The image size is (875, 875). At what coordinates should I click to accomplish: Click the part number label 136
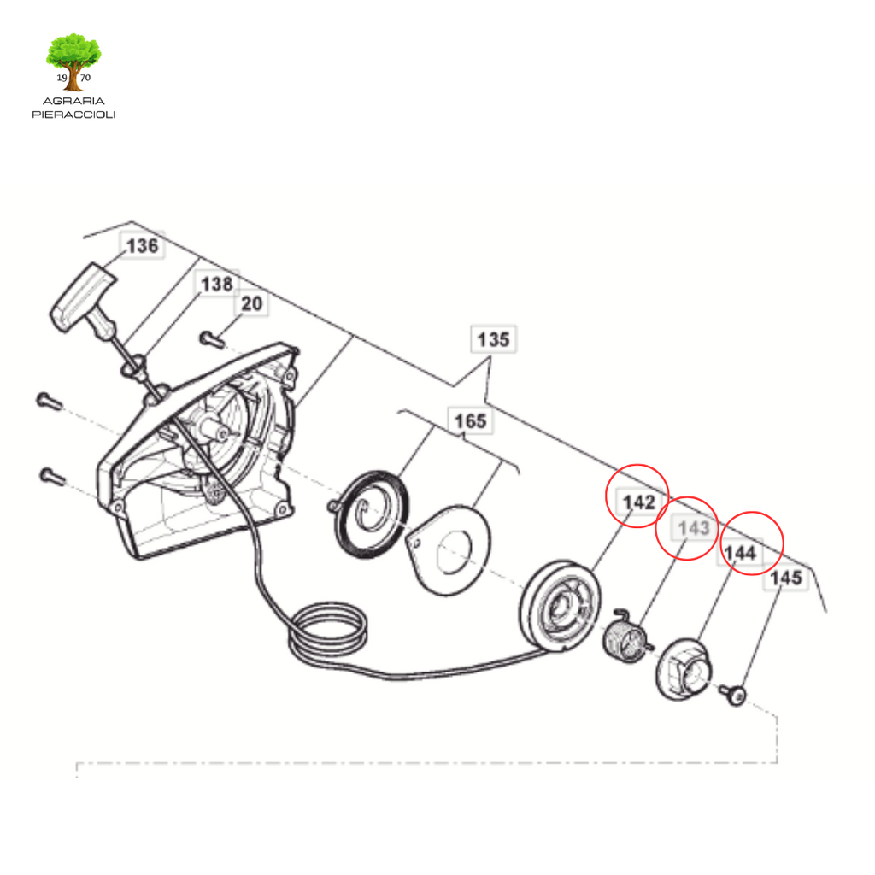click(x=143, y=245)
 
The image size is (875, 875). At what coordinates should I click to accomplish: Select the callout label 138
click(x=216, y=284)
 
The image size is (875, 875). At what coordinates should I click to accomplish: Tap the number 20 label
click(x=251, y=303)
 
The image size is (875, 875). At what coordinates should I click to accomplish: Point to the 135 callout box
click(x=493, y=338)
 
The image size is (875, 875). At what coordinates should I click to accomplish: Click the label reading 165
click(x=471, y=420)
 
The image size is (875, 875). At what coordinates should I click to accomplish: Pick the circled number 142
click(x=638, y=502)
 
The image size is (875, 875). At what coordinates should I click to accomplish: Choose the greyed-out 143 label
click(x=694, y=527)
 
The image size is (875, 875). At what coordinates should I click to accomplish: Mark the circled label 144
click(x=740, y=553)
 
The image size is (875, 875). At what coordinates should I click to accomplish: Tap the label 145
click(x=786, y=578)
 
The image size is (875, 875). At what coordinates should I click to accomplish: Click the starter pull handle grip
click(x=84, y=297)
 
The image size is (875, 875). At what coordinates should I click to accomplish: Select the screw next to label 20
click(x=212, y=338)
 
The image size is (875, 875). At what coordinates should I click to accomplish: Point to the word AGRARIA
click(x=73, y=101)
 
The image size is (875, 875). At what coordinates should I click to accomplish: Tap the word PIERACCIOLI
click(x=73, y=115)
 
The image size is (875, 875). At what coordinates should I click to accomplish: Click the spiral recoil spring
click(x=370, y=514)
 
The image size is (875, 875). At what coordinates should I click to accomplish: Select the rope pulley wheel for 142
click(x=561, y=607)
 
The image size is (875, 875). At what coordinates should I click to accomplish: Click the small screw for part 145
click(x=732, y=694)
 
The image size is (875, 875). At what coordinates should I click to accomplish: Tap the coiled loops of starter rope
click(x=328, y=631)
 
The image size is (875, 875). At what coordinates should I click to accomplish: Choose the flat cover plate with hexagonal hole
click(x=449, y=551)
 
